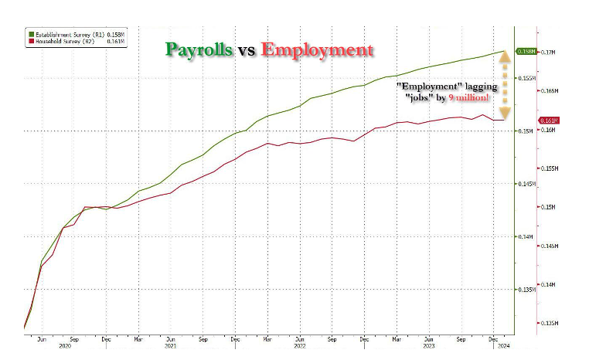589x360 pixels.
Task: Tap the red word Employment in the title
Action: click(x=317, y=50)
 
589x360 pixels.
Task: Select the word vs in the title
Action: click(x=246, y=51)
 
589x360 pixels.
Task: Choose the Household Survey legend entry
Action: click(x=62, y=41)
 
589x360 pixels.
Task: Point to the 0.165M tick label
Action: click(x=551, y=91)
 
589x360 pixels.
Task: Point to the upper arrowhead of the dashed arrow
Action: click(x=503, y=56)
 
